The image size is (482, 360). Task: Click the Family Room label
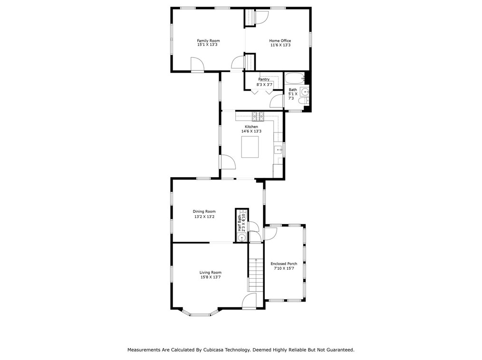click(x=208, y=41)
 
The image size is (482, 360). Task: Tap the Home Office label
click(x=280, y=41)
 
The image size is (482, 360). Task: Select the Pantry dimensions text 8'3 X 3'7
click(x=264, y=85)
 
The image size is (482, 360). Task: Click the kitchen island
click(x=250, y=147)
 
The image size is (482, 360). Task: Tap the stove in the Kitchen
click(x=258, y=115)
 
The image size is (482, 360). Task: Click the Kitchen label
click(x=251, y=127)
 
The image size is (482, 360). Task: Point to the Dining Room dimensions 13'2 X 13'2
click(x=204, y=217)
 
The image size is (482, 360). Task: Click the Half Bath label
click(x=240, y=223)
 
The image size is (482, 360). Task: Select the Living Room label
click(x=211, y=273)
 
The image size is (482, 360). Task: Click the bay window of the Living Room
click(x=200, y=314)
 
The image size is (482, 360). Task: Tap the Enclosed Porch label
click(x=284, y=264)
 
